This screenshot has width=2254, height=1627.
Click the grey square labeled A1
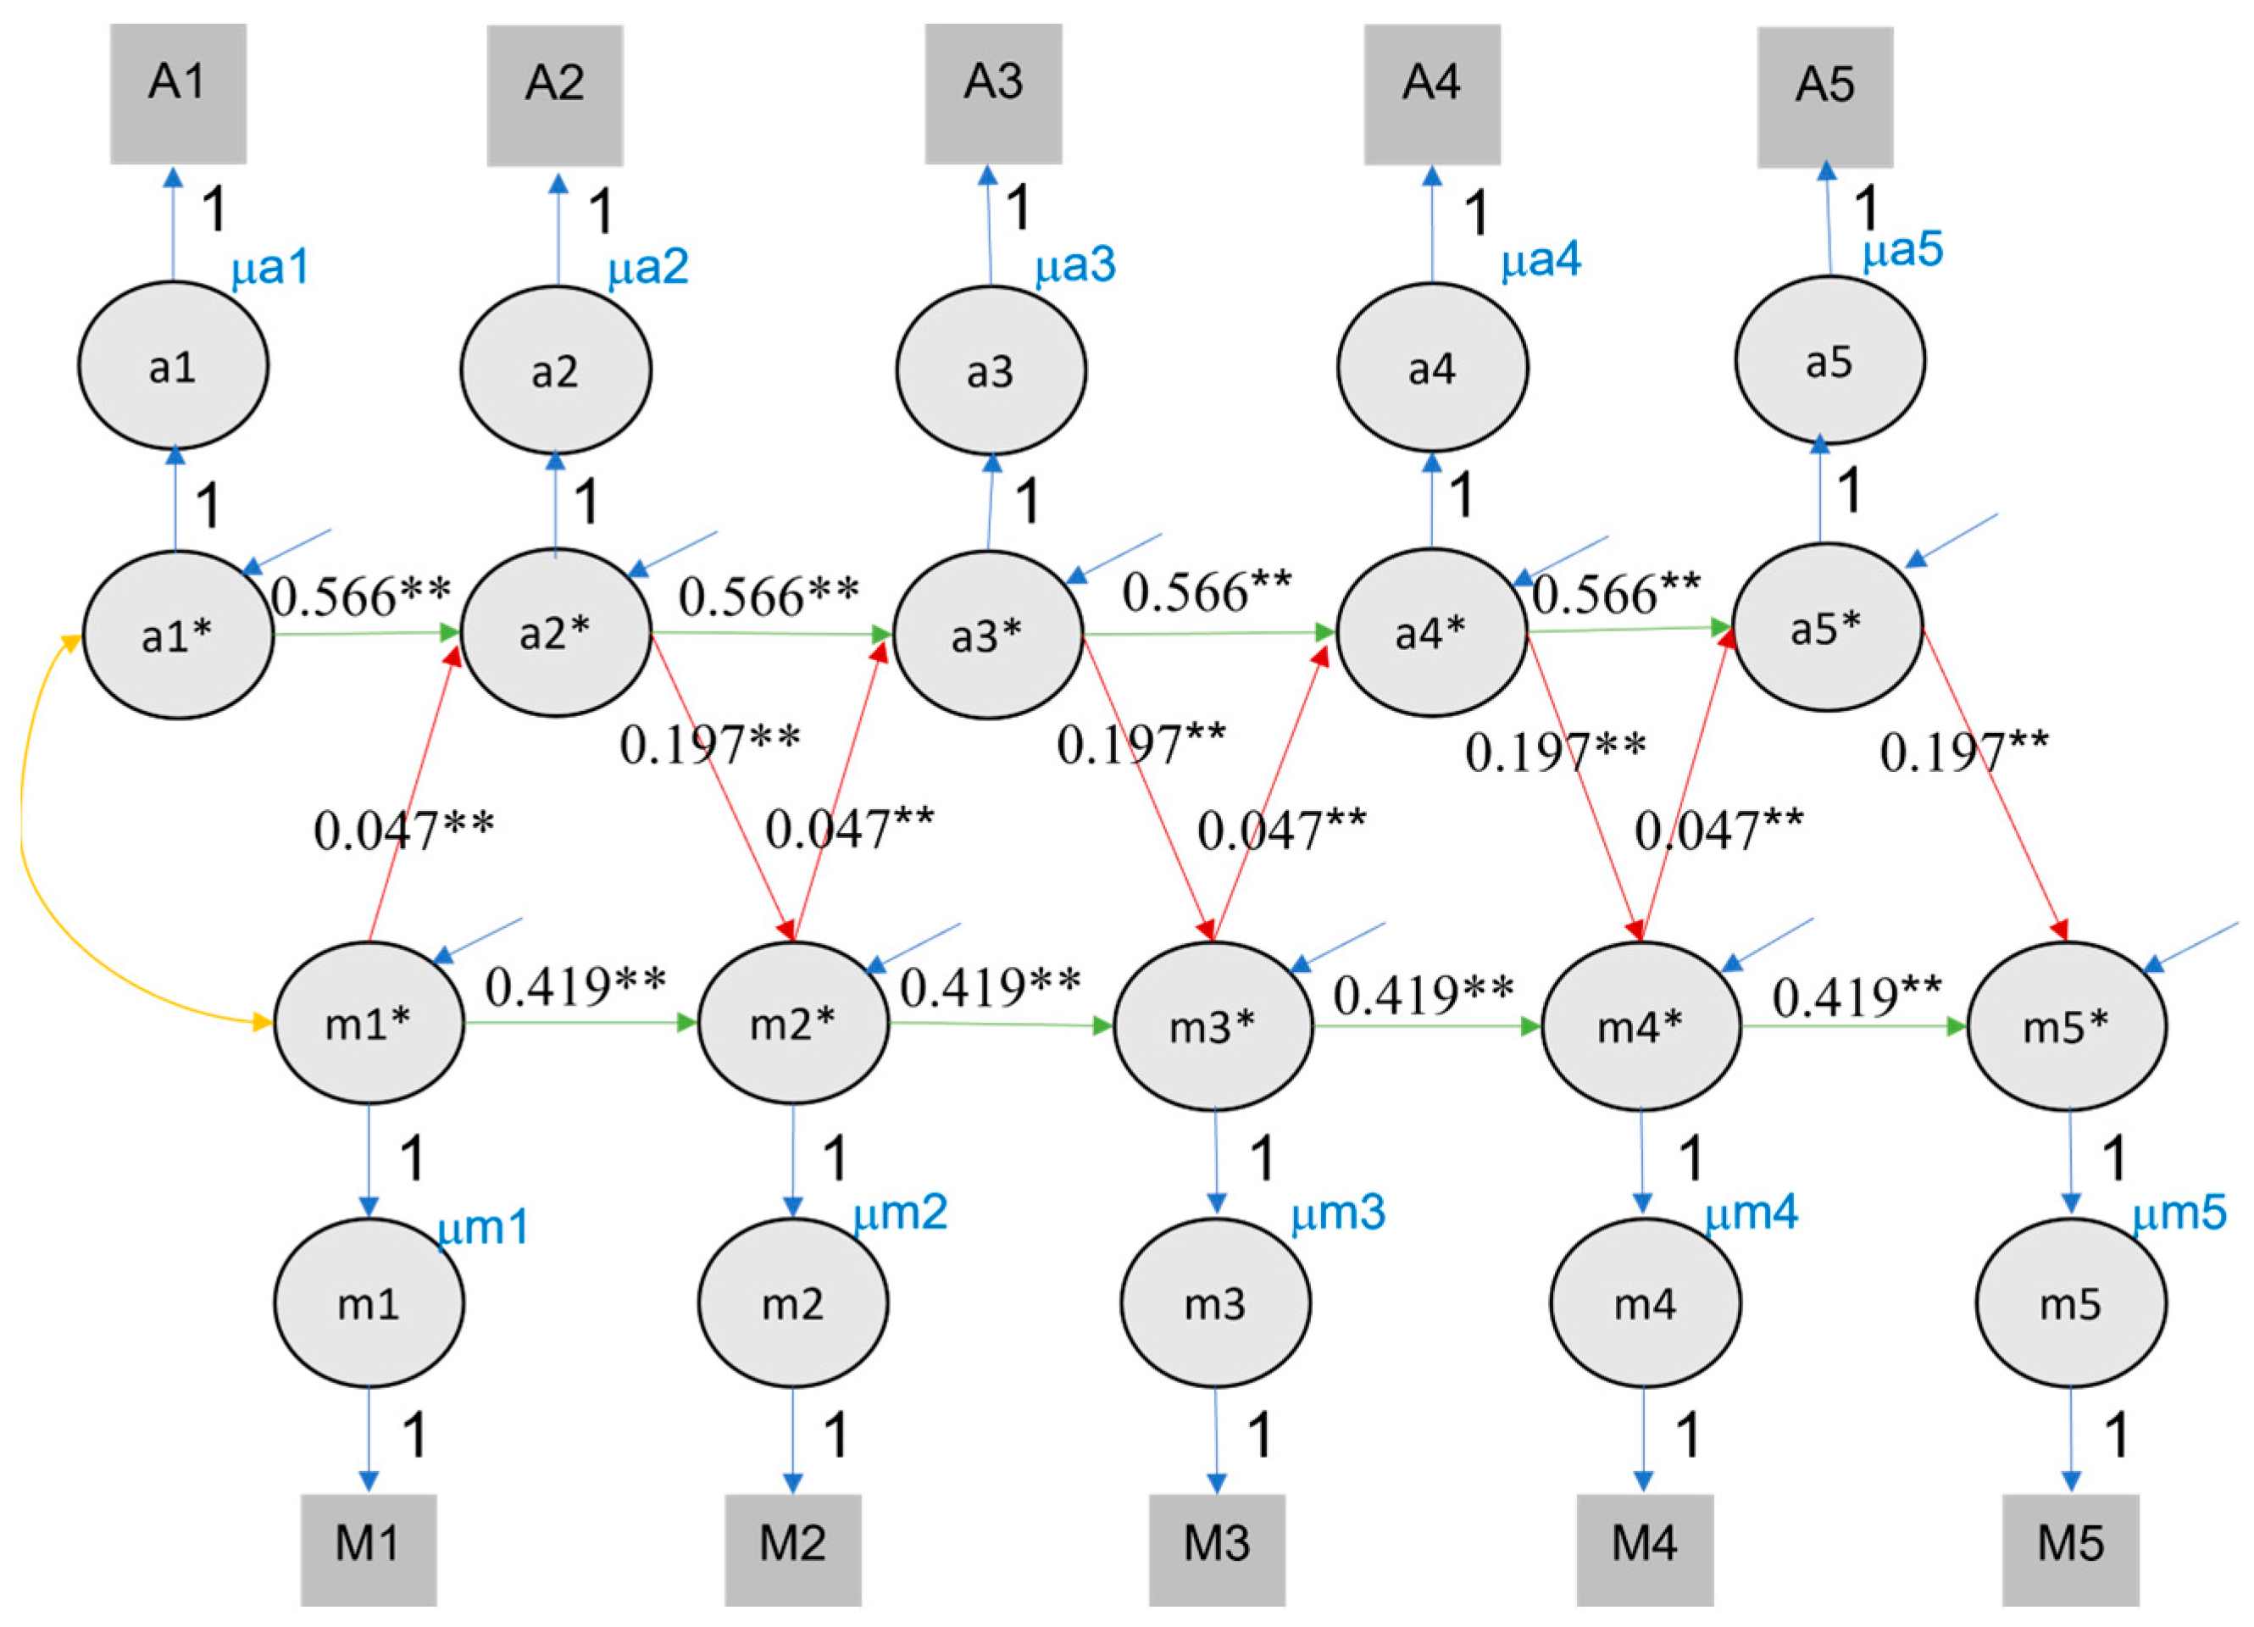pyautogui.click(x=178, y=94)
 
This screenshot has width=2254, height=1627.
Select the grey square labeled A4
pyautogui.click(x=1431, y=94)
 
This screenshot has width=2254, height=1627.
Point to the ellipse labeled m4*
pyautogui.click(x=1641, y=1025)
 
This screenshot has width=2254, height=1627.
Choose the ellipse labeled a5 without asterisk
pyautogui.click(x=1829, y=361)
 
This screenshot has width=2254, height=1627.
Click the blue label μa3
pyautogui.click(x=1075, y=265)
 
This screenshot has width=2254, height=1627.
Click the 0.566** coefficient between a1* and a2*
pyautogui.click(x=361, y=597)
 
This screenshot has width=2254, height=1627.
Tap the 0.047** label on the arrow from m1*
pyautogui.click(x=403, y=830)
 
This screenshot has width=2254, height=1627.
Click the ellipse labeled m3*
pyautogui.click(x=1213, y=1025)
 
